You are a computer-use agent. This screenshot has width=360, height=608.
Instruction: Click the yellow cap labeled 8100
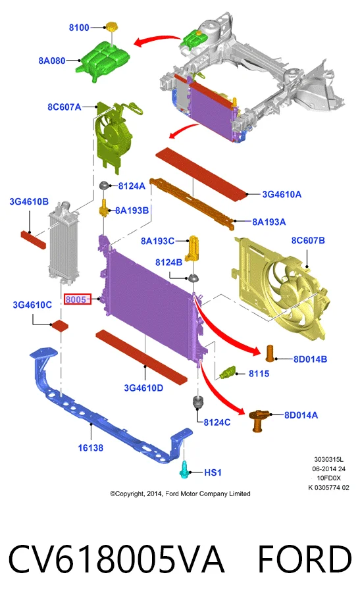[x=111, y=27]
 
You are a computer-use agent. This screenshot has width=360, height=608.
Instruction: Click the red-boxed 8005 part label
[x=77, y=299]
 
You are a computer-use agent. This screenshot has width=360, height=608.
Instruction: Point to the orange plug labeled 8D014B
[x=270, y=353]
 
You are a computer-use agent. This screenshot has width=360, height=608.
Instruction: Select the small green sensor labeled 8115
[x=228, y=372]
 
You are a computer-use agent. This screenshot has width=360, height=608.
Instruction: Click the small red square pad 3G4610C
[x=61, y=325]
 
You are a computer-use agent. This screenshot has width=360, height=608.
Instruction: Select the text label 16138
[x=90, y=448]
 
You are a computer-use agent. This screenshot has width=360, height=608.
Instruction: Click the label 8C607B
[x=308, y=240]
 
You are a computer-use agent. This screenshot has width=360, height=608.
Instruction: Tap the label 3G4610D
[x=143, y=388]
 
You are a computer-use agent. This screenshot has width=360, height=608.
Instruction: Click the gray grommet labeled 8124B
[x=193, y=278]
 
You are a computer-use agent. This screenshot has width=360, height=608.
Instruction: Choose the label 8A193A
[x=269, y=222]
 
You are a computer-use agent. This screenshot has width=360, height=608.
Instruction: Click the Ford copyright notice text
[x=180, y=494]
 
